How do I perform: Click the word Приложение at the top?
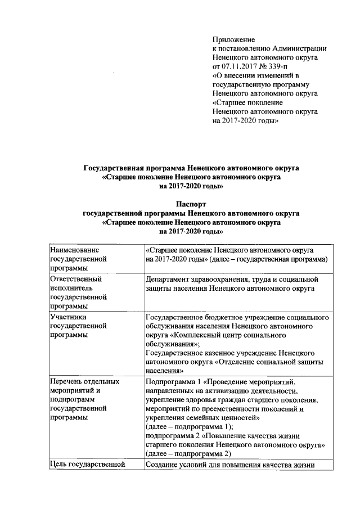click(233, 39)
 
